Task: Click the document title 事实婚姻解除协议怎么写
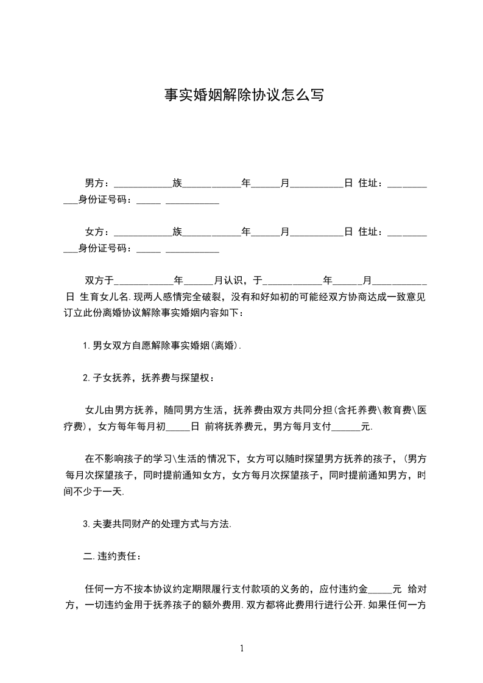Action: (x=244, y=95)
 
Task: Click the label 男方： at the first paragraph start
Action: (x=96, y=183)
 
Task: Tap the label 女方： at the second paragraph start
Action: (x=96, y=232)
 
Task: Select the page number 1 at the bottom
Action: (x=242, y=648)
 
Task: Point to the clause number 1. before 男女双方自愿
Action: (x=87, y=346)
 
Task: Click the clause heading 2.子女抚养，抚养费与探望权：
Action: (x=149, y=378)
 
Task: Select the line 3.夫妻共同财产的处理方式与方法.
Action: (x=157, y=524)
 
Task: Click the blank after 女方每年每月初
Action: (x=178, y=428)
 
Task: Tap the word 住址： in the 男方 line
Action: (x=372, y=183)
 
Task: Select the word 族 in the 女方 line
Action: (x=177, y=232)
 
